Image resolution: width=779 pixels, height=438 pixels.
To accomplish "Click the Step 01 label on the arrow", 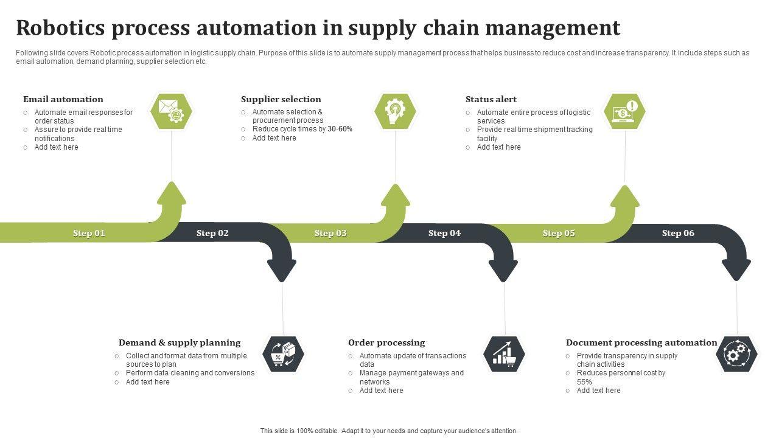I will [x=89, y=233].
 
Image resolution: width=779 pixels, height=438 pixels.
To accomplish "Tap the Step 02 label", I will [x=212, y=233].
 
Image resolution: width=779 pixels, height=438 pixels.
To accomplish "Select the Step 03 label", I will [x=330, y=233].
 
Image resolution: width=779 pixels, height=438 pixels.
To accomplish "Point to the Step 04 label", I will [x=444, y=233].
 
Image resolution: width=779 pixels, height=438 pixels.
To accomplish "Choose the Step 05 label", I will [x=559, y=233].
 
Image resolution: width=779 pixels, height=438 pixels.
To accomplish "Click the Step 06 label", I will [x=678, y=233].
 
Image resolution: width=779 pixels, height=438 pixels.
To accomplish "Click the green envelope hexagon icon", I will [x=171, y=111].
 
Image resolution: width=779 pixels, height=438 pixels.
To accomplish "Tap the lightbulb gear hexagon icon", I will [x=395, y=111].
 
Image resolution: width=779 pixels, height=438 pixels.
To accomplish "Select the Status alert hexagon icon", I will [x=624, y=111].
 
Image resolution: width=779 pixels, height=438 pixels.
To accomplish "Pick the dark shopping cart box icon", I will [x=283, y=354].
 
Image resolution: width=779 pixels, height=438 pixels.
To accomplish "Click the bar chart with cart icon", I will [x=504, y=354].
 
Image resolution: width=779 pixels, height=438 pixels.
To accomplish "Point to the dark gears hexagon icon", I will [x=736, y=354].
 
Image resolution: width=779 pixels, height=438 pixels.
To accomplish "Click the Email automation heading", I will [x=63, y=99].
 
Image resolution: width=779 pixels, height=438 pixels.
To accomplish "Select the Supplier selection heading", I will [x=281, y=99].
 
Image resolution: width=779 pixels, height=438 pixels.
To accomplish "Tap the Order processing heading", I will [x=386, y=342].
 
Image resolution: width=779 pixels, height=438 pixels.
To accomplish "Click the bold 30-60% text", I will [x=340, y=129].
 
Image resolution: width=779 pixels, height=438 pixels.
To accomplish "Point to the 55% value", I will [x=584, y=382].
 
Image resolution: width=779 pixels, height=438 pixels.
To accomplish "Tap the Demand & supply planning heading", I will [x=180, y=342].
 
